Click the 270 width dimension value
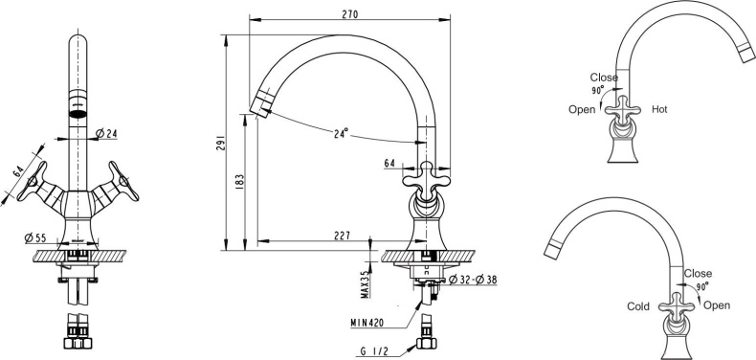coord(349,13)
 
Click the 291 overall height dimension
coord(220,143)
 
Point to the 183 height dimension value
coord(240,181)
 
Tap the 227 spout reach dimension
coord(342,235)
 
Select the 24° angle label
coord(341,133)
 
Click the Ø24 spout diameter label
coord(106,133)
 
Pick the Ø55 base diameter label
coord(34,237)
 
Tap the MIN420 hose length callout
coord(367,323)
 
